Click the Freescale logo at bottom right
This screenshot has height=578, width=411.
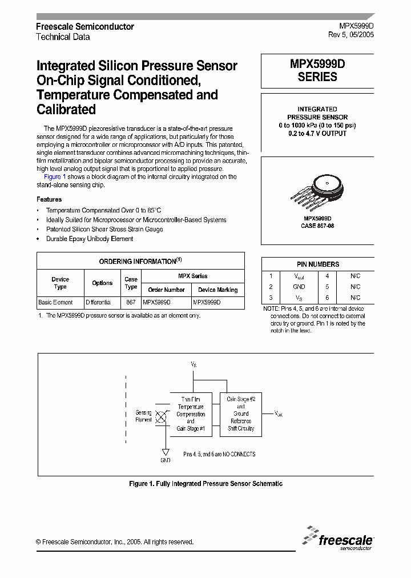tap(339, 538)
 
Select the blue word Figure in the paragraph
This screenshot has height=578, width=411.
tap(53, 177)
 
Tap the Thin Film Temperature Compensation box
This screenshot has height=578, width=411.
tap(191, 414)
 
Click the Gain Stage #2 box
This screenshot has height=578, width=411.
tap(240, 414)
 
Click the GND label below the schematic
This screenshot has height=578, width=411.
tap(165, 459)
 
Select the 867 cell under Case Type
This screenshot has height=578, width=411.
tap(131, 302)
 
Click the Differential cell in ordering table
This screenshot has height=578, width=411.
tap(98, 302)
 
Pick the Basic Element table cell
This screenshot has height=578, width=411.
tap(55, 302)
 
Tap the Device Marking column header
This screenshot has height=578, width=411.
tap(218, 290)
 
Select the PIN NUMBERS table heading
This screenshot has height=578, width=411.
tap(317, 264)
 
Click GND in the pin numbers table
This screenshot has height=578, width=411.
tap(299, 287)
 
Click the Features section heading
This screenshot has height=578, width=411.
tap(49, 199)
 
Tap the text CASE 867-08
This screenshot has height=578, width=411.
tap(317, 226)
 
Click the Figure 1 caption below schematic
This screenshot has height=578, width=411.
tap(205, 484)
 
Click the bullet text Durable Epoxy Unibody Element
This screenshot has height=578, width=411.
tap(90, 239)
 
